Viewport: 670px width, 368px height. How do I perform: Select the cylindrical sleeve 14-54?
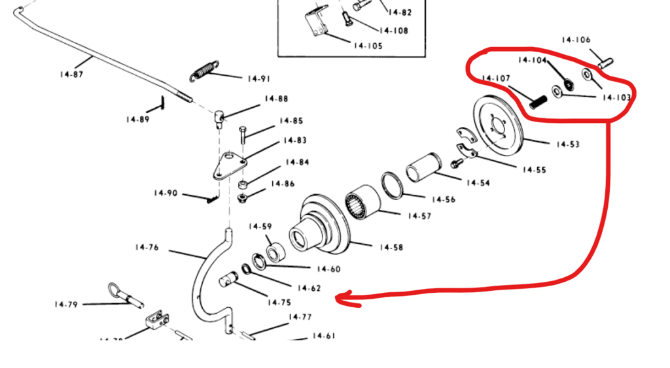tap(425, 167)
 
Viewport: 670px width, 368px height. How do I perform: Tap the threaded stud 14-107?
tap(537, 101)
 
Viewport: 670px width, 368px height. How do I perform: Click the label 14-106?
tap(576, 40)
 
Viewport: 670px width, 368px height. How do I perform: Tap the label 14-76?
tap(147, 247)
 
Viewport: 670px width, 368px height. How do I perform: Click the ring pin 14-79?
tap(125, 293)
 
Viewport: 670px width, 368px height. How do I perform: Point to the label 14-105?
tap(368, 46)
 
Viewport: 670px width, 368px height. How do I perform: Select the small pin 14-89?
tap(160, 103)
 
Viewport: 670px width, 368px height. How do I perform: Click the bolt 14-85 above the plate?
tap(243, 136)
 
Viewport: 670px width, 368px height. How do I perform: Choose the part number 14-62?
tap(309, 288)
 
